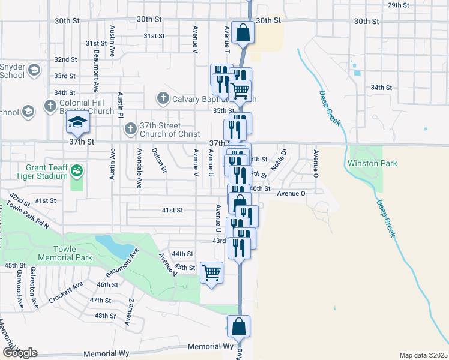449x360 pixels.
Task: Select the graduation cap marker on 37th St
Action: [77, 124]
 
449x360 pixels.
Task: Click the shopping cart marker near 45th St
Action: [211, 273]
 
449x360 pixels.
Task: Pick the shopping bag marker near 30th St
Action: [243, 32]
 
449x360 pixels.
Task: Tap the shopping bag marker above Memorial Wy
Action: [238, 327]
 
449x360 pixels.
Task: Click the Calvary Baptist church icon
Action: [163, 98]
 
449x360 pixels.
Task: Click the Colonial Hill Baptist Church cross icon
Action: [50, 107]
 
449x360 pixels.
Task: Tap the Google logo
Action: [19, 353]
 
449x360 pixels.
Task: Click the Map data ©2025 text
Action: [423, 355]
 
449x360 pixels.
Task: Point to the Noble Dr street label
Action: [279, 159]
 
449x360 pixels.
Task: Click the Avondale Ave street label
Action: [139, 169]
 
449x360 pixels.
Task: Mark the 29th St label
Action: [398, 5]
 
